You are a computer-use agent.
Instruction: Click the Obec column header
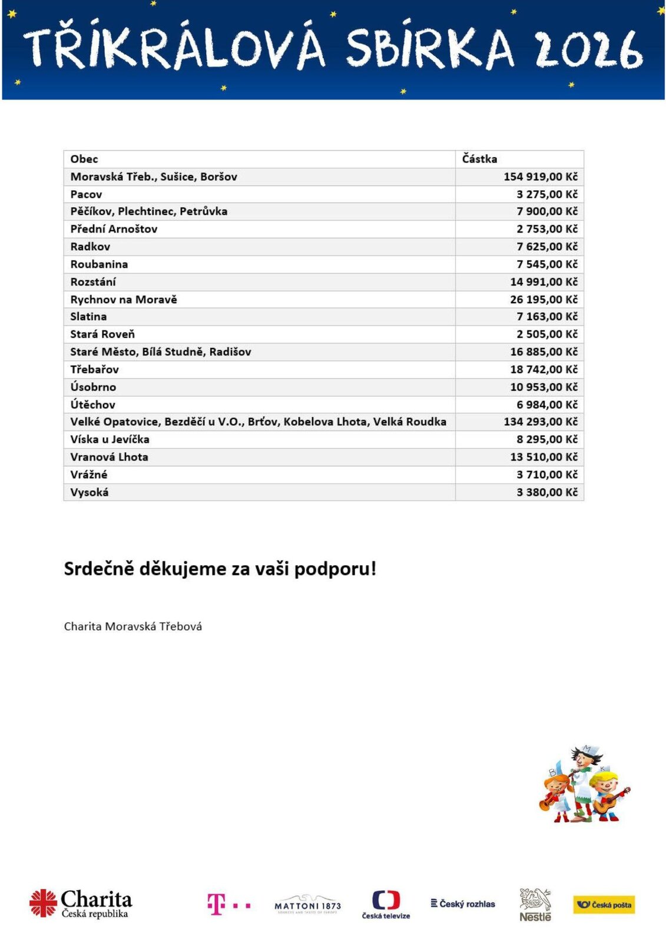pos(84,159)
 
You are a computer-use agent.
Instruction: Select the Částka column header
pos(479,159)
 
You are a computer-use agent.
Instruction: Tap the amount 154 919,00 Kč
pos(540,177)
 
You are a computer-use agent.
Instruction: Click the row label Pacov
pos(86,194)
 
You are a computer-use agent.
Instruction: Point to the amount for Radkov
pos(546,247)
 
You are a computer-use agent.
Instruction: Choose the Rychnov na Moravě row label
pos(124,300)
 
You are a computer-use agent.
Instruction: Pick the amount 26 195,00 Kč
pos(544,300)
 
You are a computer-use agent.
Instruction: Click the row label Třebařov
pos(95,370)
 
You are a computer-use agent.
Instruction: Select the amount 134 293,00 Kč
pos(540,422)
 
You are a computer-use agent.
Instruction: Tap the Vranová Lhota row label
pos(109,457)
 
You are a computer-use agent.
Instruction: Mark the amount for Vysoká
pos(546,492)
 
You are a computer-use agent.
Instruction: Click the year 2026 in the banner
pos(588,49)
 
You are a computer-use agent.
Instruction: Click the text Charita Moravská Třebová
pos(133,626)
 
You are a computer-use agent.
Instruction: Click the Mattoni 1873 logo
pos(307,904)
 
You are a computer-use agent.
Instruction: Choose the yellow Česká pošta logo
pos(604,905)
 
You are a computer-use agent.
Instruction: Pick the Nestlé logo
pos(535,905)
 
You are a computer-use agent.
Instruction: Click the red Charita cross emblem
pos(43,903)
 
